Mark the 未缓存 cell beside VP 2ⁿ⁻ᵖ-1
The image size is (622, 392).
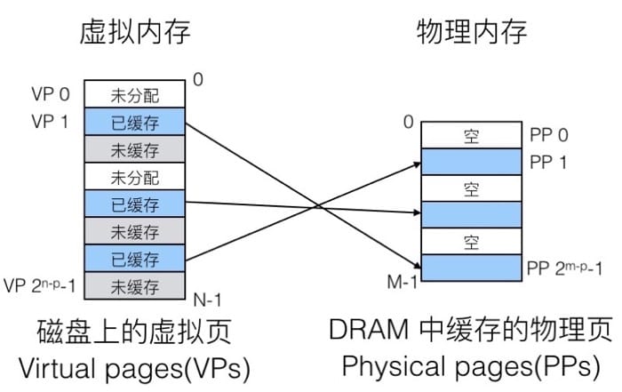[134, 286]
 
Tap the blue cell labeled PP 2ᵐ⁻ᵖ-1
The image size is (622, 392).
[472, 267]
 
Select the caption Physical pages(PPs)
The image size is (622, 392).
[472, 365]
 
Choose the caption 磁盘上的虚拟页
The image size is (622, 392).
[134, 332]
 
